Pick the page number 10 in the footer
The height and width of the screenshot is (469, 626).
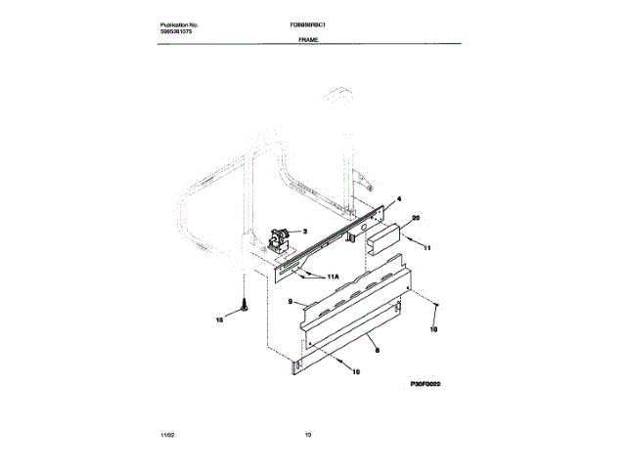(309, 432)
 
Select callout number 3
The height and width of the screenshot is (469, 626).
(304, 232)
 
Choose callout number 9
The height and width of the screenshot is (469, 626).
(291, 304)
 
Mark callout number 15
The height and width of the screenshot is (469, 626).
(219, 319)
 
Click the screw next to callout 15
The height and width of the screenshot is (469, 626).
(244, 305)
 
